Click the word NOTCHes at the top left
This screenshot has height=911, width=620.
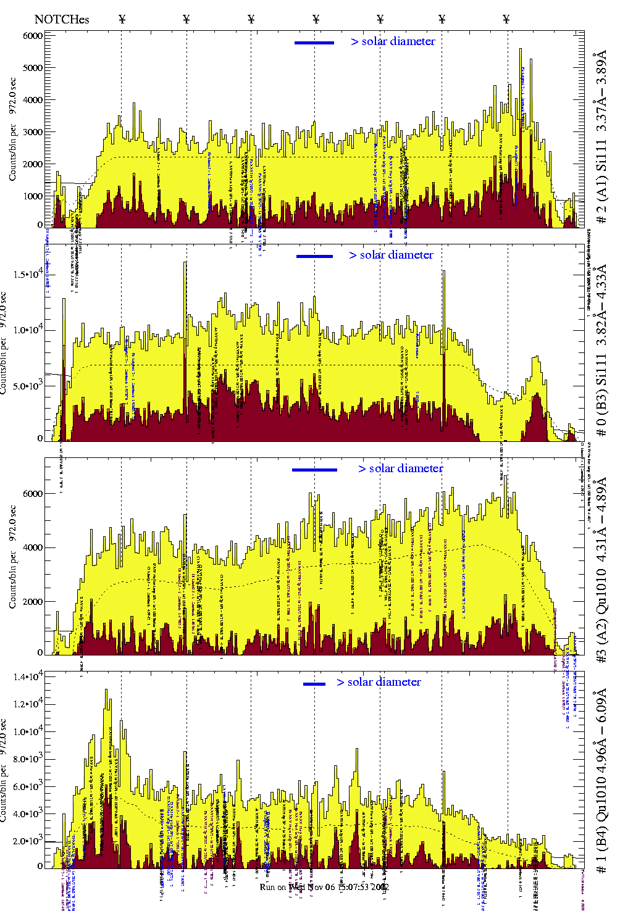(x=61, y=19)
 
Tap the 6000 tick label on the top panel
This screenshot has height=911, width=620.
(x=33, y=36)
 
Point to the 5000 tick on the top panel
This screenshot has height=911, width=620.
(x=33, y=68)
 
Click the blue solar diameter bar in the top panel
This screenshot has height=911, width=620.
(x=314, y=43)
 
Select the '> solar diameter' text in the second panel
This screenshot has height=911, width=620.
(x=391, y=255)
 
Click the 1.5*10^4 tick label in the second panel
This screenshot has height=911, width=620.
(x=29, y=273)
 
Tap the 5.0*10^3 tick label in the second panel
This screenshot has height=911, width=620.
(x=29, y=386)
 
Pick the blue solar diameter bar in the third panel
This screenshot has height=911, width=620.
(x=314, y=470)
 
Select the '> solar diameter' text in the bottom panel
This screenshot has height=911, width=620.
(x=379, y=682)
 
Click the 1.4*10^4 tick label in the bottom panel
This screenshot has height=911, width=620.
(x=28, y=677)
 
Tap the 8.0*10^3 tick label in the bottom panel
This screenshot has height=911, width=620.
(x=28, y=759)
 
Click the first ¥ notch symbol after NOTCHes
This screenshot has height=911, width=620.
(x=122, y=19)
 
